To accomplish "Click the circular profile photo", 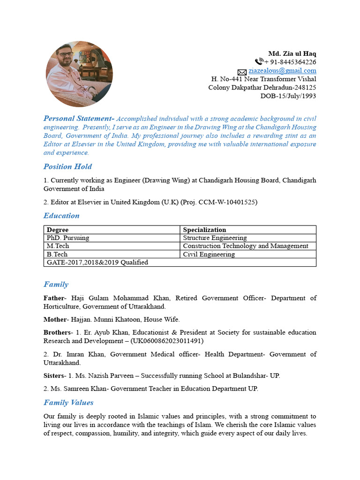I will coord(79,74).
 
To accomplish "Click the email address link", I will coord(282,71).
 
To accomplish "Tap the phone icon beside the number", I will coord(259,62).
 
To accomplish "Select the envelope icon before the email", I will coord(242,72).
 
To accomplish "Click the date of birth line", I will coord(288,96).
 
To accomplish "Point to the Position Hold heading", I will coord(67,166).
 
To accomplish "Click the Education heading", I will coord(61,216).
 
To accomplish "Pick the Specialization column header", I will coord(204,230).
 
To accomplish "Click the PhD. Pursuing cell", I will coord(68,238).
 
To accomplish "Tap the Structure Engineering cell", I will coord(215,238).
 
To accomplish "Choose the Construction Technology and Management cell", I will coord(245,246).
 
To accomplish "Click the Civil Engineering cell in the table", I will coord(209,254).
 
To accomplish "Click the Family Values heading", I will coord(68,402).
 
